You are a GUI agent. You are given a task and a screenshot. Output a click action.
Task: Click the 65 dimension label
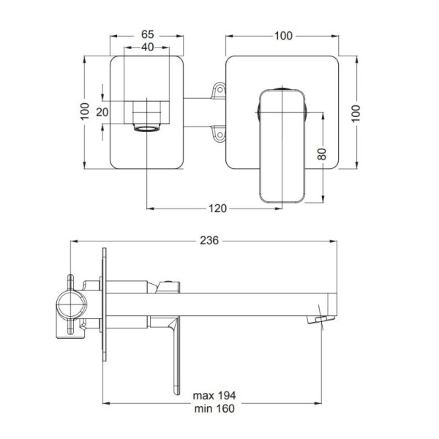pos(148,34)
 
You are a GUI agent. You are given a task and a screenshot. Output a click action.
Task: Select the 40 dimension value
pos(148,47)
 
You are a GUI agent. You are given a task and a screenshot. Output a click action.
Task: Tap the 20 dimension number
pos(102,112)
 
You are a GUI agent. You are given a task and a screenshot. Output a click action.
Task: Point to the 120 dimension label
pos(217,209)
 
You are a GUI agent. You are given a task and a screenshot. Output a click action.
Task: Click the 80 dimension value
pos(322,154)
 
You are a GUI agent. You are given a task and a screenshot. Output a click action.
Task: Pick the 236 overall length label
pos(209,241)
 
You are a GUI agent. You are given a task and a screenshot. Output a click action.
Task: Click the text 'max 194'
pos(214,396)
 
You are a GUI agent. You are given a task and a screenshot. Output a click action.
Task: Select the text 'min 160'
pos(214,408)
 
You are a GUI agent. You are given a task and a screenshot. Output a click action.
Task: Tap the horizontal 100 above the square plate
pos(283,36)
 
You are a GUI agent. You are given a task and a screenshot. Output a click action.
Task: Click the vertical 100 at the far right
pos(356,113)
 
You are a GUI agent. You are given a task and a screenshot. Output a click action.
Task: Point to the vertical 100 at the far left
pos(85,111)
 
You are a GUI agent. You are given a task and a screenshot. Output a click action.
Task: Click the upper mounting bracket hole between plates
pos(219,89)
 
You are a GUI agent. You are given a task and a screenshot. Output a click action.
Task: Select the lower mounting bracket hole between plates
pos(219,135)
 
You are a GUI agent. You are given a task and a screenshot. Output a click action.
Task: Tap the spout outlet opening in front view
pos(147,128)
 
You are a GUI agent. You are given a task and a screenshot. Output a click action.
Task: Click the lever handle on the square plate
pos(282,146)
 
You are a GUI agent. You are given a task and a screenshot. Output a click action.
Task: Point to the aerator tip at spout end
pos(321,320)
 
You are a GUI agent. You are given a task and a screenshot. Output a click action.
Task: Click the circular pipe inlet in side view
pos(72,304)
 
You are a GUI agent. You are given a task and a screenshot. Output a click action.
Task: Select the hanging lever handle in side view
pos(176,356)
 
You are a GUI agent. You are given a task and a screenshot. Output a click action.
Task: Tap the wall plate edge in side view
pos(105,304)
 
